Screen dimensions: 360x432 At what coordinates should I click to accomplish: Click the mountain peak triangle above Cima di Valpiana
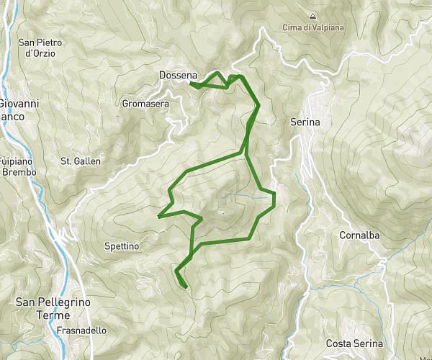pyautogui.click(x=312, y=15)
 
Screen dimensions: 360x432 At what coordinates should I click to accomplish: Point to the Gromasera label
pyautogui.click(x=145, y=104)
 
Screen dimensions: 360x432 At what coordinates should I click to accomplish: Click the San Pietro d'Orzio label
pyautogui.click(x=40, y=48)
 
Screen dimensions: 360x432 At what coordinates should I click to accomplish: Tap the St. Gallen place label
pyautogui.click(x=81, y=161)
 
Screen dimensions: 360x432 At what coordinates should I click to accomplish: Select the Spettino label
pyautogui.click(x=121, y=246)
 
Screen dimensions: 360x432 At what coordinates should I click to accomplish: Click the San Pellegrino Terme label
pyautogui.click(x=53, y=310)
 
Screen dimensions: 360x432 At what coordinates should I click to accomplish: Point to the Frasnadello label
pyautogui.click(x=81, y=330)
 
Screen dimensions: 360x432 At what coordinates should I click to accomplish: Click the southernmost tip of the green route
pyautogui.click(x=186, y=287)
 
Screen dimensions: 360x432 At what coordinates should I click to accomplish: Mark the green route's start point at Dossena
pyautogui.click(x=191, y=84)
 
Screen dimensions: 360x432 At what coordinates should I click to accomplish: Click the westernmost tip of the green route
pyautogui.click(x=158, y=215)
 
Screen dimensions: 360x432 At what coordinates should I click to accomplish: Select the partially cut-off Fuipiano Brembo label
pyautogui.click(x=14, y=167)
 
